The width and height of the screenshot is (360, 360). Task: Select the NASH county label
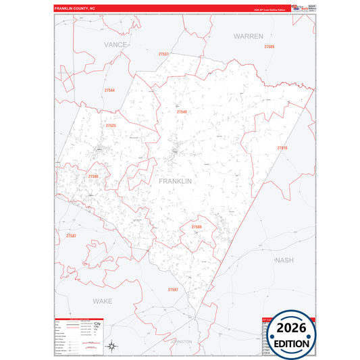pos(284,259)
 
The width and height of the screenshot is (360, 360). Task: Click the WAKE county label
pos(103,300)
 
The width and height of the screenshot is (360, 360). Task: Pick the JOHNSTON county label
pos(180,341)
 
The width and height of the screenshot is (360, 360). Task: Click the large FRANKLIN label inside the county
pos(176,181)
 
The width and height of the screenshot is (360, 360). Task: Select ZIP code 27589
pos(269,46)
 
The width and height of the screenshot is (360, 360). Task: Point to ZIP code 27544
pos(109,90)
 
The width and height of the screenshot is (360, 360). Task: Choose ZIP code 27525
pos(111,125)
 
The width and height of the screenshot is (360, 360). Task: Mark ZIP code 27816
pos(282,147)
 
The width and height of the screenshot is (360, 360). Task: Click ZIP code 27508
pos(197,227)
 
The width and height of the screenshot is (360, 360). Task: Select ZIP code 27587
pos(72,235)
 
